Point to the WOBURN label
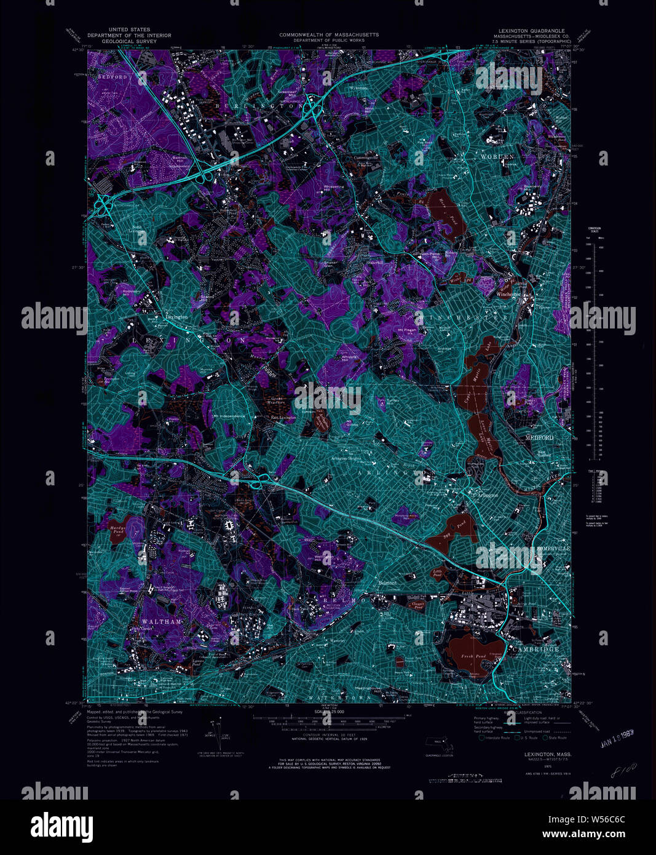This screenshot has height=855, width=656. [496, 157]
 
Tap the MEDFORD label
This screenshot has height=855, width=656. [539, 437]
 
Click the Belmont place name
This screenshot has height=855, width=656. [387, 582]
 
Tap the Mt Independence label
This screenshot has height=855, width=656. [230, 416]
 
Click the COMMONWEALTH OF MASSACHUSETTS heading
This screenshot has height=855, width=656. [329, 35]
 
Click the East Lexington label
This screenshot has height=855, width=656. [284, 418]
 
